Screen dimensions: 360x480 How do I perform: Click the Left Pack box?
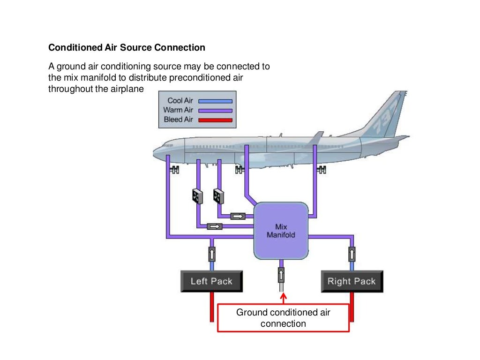tap(211, 281)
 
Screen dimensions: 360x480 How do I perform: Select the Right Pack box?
tap(352, 281)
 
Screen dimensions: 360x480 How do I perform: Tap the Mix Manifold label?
tap(281, 231)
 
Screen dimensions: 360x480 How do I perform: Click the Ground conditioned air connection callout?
tap(283, 318)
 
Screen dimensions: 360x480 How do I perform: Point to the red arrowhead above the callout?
tap(283, 296)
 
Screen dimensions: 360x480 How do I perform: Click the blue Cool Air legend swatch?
tap(215, 101)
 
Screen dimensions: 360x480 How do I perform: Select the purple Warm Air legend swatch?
tap(215, 110)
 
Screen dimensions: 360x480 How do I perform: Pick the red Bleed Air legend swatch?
tap(215, 120)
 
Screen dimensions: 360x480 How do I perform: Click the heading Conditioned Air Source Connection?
tap(127, 48)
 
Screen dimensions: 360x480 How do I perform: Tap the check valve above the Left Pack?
tap(211, 255)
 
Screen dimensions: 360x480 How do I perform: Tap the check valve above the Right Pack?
tap(352, 255)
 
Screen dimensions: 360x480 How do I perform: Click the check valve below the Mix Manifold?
tap(281, 274)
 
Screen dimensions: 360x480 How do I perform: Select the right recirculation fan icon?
tap(218, 196)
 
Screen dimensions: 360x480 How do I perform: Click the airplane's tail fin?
tap(387, 115)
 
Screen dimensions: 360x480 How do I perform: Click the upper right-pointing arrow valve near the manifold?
tap(239, 216)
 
